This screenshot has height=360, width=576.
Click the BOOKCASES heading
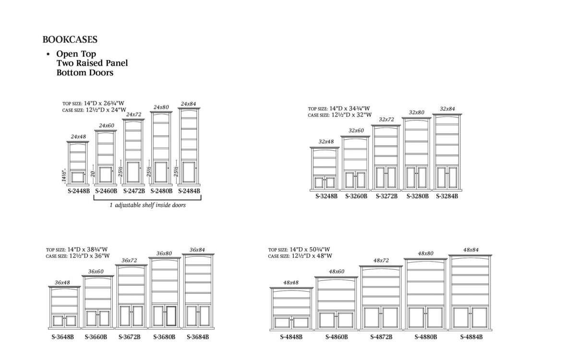pyautogui.click(x=70, y=39)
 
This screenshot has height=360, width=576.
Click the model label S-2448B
pyautogui.click(x=79, y=191)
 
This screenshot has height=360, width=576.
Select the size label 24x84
pyautogui.click(x=189, y=104)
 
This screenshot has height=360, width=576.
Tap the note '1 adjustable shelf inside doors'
pyautogui.click(x=147, y=205)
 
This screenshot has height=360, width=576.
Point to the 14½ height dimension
pyautogui.click(x=64, y=176)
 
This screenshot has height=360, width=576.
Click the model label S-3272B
pyautogui.click(x=386, y=196)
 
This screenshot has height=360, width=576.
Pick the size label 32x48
pyautogui.click(x=326, y=142)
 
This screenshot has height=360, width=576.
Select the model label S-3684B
pyautogui.click(x=198, y=337)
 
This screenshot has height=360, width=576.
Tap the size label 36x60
pyautogui.click(x=96, y=272)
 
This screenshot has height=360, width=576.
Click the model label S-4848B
pyautogui.click(x=291, y=337)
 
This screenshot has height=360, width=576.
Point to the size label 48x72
pyautogui.click(x=381, y=261)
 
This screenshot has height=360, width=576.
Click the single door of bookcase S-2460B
pyautogui.click(x=106, y=175)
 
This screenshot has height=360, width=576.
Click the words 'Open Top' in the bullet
pyautogui.click(x=76, y=54)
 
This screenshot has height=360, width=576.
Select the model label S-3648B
pyautogui.click(x=62, y=337)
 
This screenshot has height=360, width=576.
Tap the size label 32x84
pyautogui.click(x=447, y=109)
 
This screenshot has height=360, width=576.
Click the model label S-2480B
pyautogui.click(x=161, y=191)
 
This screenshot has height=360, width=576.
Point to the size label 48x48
pyautogui.click(x=291, y=283)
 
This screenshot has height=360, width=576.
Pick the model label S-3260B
pyautogui.click(x=356, y=196)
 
